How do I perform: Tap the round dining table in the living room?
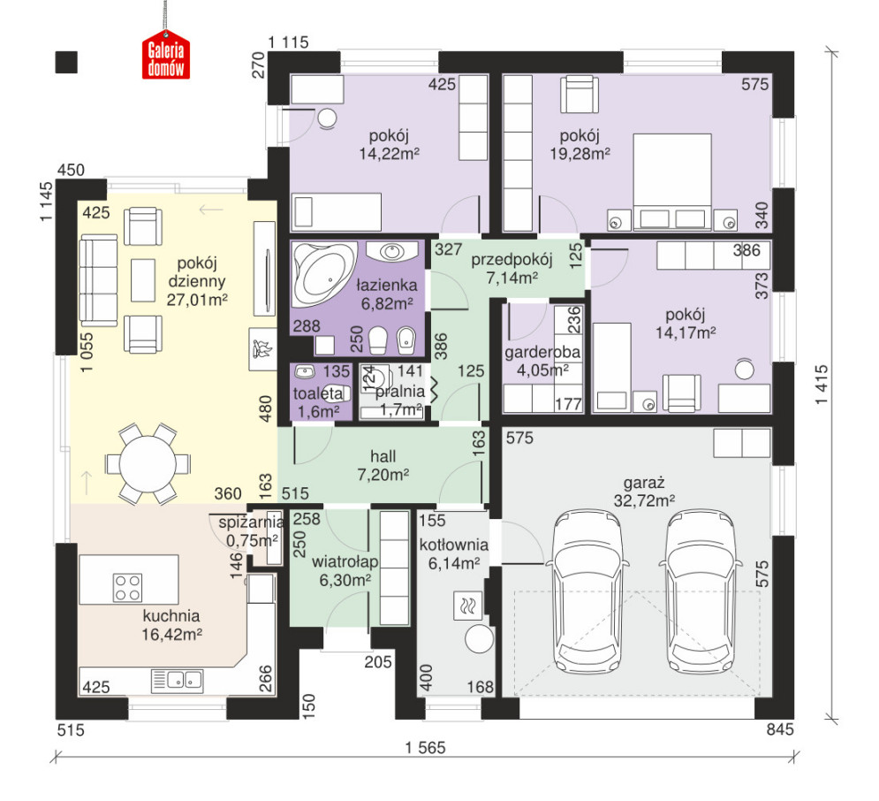(x=148, y=463)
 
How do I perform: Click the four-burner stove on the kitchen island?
(x=128, y=587)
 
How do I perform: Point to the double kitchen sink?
(x=178, y=681)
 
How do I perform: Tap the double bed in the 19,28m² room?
(x=672, y=182)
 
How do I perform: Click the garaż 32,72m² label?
(x=643, y=492)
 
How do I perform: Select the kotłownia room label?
(x=453, y=545)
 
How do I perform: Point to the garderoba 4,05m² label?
(x=542, y=361)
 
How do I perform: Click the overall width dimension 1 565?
(x=426, y=748)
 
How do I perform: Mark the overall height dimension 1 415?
(x=821, y=385)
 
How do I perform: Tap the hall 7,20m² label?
(x=383, y=466)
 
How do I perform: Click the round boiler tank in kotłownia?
(x=479, y=639)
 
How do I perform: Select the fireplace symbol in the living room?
(x=262, y=348)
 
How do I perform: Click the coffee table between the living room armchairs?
(x=143, y=280)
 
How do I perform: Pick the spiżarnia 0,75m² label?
(x=251, y=531)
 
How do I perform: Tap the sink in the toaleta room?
(x=305, y=372)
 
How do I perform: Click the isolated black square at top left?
(x=66, y=62)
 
